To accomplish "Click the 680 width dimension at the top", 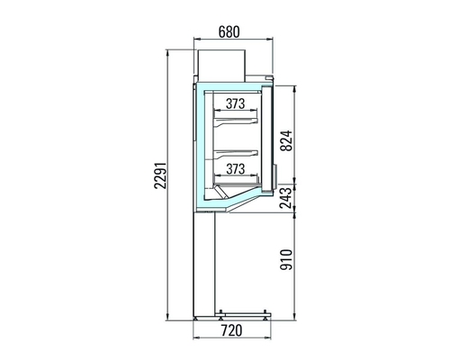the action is pos(229,32).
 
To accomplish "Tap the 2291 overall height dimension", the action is pos(160,175).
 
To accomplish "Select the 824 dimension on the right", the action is pos(286,140).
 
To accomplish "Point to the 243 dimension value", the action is pos(285,198).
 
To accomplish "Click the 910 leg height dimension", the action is pos(286,259).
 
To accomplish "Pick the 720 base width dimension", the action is pos(231,330).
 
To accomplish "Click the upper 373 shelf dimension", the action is pos(236,103).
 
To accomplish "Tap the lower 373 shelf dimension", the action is pos(236,169).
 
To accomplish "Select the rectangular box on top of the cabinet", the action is pos(221,66).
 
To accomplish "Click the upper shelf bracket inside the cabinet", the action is pos(236,121).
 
